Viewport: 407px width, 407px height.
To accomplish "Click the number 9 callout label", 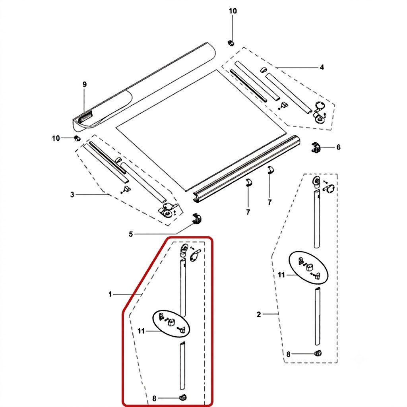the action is [x=85, y=84].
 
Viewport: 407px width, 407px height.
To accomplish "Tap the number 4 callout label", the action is [x=322, y=68].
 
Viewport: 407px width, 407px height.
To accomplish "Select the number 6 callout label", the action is [x=339, y=147].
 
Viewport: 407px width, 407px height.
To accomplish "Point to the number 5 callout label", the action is [x=131, y=235].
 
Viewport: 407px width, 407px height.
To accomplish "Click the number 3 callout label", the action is [x=72, y=194].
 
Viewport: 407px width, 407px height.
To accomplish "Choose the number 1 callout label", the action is [x=110, y=295].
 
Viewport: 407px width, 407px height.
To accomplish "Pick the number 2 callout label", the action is [x=258, y=315].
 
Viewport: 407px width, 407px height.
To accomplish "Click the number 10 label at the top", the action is [x=233, y=11].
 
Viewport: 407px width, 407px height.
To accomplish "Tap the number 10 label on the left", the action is [x=56, y=138].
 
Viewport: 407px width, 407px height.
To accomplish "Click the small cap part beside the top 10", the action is [x=231, y=43].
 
